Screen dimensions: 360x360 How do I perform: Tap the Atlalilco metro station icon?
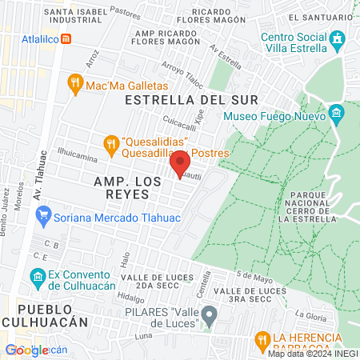[x=66, y=38]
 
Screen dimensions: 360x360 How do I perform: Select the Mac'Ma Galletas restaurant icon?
[x=75, y=83]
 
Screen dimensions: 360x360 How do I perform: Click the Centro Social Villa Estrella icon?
[x=338, y=38]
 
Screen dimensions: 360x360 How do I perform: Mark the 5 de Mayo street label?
[x=249, y=278]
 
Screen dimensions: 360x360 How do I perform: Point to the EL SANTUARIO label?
[x=319, y=17]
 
